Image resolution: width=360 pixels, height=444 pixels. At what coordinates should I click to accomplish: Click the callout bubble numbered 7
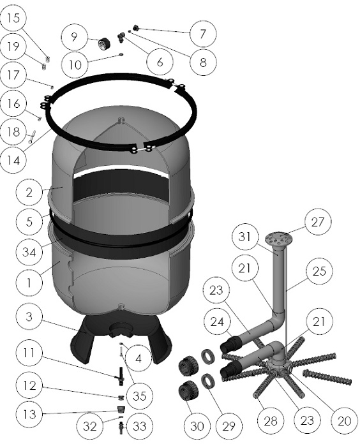coord(203,34)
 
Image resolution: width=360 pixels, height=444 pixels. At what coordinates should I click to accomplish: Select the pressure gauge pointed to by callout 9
coord(101,43)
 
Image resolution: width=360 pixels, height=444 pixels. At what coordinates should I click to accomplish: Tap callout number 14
coord(13,161)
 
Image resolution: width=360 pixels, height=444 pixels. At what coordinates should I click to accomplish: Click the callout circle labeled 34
coord(29,252)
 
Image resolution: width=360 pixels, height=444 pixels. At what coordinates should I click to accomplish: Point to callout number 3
coord(29,316)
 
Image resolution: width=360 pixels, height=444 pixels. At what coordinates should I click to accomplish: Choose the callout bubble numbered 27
coord(317,222)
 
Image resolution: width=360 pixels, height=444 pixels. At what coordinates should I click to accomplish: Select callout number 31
coord(245,237)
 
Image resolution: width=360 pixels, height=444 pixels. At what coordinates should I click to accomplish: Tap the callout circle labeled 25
coord(319,271)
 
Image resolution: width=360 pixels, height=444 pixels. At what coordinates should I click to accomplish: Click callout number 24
coord(217,322)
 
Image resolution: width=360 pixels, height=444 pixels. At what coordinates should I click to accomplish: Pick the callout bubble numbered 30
coord(197,426)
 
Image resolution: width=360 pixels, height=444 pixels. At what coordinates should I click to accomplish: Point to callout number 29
coord(229,426)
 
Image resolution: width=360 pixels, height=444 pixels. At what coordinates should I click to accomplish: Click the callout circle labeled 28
coord(271,421)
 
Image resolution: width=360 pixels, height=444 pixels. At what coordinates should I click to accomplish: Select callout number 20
coord(345,421)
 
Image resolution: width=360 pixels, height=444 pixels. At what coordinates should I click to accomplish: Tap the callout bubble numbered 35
coord(139,396)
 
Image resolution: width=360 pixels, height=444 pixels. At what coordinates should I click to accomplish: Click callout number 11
coord(29,353)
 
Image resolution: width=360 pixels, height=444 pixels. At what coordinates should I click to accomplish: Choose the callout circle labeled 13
coord(29,414)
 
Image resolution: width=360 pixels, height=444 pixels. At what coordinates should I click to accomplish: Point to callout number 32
coord(90,426)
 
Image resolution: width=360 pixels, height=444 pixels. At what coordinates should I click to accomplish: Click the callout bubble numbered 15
coord(13,18)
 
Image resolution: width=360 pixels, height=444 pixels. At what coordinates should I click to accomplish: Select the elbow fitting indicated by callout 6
coord(121,38)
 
